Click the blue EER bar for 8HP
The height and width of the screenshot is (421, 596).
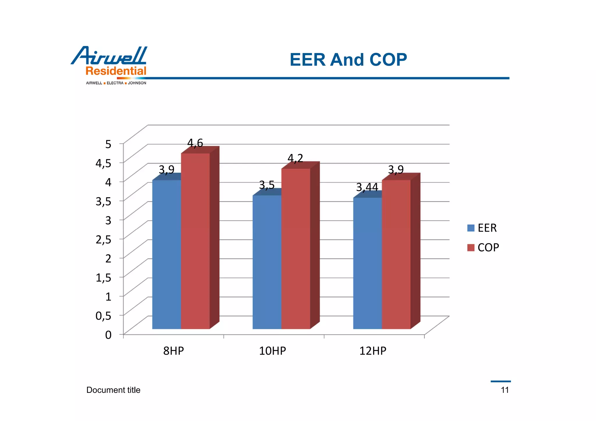point(166,255)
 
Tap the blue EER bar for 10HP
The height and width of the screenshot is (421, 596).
point(267,262)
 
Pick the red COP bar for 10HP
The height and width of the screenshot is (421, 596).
point(296,249)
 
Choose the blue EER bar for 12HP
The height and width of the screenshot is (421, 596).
point(367,263)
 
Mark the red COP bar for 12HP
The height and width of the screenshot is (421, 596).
point(396,255)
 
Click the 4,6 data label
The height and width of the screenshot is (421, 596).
point(195,143)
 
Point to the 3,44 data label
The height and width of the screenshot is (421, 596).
point(367,187)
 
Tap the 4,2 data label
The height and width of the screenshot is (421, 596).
point(295,158)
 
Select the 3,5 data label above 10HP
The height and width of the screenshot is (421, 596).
point(267,185)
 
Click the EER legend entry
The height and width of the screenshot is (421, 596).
point(482,228)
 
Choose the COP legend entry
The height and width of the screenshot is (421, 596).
point(483,248)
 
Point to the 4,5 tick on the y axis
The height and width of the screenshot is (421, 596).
point(103,163)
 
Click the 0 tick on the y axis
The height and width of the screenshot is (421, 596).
point(108,335)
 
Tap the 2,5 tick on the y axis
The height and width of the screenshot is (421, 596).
point(103,239)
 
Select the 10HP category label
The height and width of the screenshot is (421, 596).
point(272,351)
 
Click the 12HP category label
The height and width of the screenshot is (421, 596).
point(372,351)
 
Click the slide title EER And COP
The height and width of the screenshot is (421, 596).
point(348,60)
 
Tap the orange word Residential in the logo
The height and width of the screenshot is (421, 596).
point(116,71)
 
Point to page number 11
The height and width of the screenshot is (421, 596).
point(505,390)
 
